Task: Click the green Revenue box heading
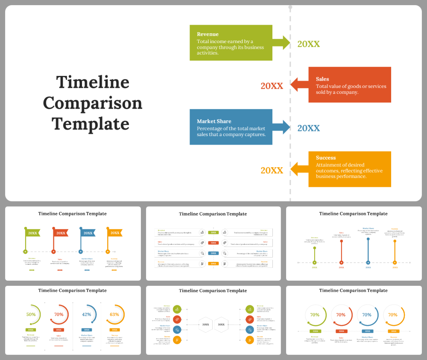(208, 34)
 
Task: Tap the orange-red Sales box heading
(322, 79)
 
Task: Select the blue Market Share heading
(214, 121)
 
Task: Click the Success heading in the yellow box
(326, 157)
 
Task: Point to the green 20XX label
(308, 44)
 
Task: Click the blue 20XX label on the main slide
(308, 128)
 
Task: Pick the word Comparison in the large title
(93, 103)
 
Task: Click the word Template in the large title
(91, 124)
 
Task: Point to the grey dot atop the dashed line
(290, 7)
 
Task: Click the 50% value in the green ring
(31, 314)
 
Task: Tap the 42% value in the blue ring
(87, 314)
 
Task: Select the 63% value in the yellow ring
(114, 314)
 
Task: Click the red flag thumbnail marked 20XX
(61, 233)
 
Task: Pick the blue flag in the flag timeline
(88, 233)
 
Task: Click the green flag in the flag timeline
(32, 233)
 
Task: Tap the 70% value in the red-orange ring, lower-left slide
(59, 314)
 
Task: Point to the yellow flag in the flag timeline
(115, 233)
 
